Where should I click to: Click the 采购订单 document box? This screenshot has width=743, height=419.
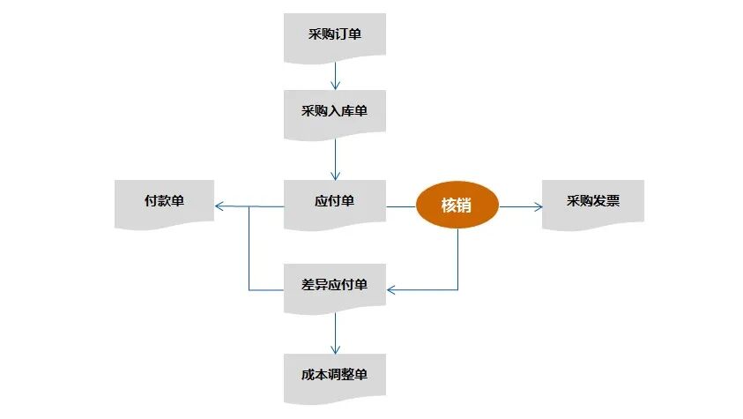click(x=334, y=36)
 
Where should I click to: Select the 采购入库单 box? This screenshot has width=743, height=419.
click(x=334, y=112)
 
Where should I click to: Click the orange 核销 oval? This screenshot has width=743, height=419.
click(x=457, y=206)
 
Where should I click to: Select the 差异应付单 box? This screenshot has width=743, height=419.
click(x=334, y=286)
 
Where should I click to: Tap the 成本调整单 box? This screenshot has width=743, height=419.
click(x=334, y=376)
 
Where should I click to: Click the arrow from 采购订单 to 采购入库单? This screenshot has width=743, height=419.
click(x=335, y=76)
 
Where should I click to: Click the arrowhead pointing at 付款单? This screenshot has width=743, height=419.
click(x=219, y=206)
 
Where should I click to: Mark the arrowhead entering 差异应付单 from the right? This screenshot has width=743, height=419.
click(x=392, y=289)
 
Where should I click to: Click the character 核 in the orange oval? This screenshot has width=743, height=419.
click(x=449, y=206)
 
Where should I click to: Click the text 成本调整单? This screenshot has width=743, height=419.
click(x=334, y=374)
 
